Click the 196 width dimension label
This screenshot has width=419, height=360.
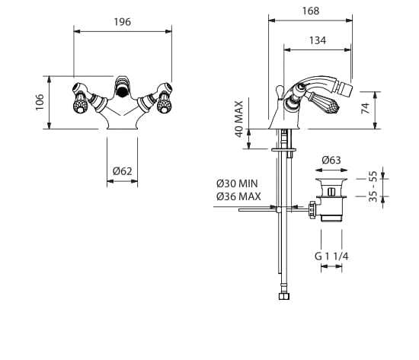pos(123,22)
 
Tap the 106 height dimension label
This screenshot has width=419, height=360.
pos(40,102)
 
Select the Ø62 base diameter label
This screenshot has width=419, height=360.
pos(123,171)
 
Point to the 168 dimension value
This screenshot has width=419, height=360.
pos(311,11)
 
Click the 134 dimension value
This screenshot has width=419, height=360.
pos(318,40)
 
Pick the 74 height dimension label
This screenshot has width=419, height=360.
pos(366,108)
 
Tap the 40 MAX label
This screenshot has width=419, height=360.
pos(239,119)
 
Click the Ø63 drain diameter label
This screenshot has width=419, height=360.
pos(331,160)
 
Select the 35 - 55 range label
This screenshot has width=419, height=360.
pos(373,186)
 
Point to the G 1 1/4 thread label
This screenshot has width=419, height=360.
pos(331,256)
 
